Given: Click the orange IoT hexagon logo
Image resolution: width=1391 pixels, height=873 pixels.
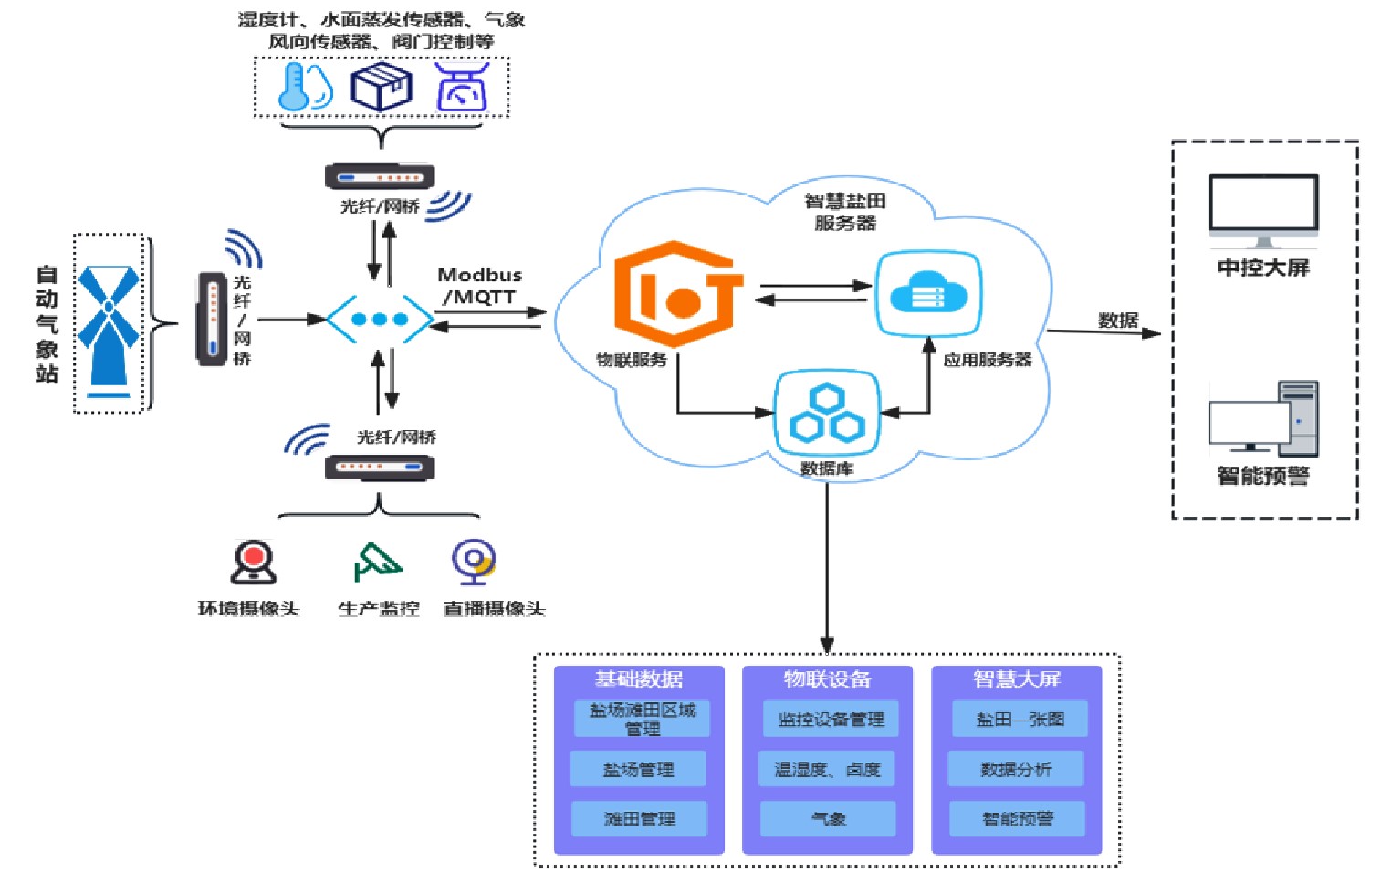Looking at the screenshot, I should coord(677,294).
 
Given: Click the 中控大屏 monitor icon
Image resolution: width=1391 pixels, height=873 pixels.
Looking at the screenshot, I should coord(1263,210).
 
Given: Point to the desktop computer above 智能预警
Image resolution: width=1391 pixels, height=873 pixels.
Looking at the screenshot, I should coord(1263,419).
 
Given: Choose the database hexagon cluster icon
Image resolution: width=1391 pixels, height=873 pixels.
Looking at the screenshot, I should coord(827,413).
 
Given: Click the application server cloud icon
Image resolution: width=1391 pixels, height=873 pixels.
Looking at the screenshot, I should coord(928,294).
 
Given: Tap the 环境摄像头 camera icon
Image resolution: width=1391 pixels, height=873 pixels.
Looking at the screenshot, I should coord(253,562).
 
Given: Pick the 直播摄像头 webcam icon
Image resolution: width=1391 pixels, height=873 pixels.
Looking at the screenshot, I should coord(474,562).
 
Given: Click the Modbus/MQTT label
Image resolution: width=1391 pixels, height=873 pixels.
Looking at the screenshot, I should coord(479,286).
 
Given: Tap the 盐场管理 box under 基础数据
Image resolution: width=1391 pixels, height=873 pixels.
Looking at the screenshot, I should coord(638,769).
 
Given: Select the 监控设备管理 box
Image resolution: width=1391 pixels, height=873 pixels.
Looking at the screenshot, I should coord(831,719).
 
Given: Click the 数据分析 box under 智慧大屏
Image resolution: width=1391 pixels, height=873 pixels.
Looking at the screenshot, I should coord(1016,769).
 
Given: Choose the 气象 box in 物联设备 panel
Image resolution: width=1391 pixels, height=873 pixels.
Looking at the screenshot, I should coord(828,818).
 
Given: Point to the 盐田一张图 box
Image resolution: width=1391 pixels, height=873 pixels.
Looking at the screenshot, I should coord(1020,719).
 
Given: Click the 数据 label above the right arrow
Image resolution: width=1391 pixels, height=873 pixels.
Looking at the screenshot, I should coord(1118,320).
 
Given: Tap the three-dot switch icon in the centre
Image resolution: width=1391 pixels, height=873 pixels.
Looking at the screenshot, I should coord(380,319).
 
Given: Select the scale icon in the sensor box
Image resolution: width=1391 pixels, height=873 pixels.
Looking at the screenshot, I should coord(462,88).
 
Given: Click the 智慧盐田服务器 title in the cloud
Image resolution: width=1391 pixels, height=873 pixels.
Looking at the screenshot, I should coord(844,212).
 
